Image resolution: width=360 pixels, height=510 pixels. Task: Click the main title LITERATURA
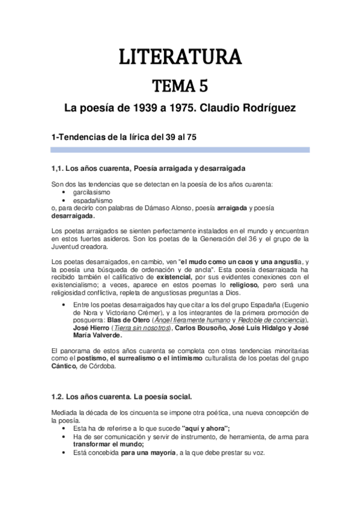(x=180, y=57)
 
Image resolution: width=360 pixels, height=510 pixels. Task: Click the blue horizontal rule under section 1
(x=180, y=150)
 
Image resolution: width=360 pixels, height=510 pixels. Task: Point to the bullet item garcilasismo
(x=91, y=191)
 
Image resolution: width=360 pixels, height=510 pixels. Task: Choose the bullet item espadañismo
(x=93, y=200)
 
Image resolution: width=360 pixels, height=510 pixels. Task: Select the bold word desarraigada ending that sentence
(x=73, y=216)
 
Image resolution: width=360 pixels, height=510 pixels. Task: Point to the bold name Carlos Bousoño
(x=201, y=328)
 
